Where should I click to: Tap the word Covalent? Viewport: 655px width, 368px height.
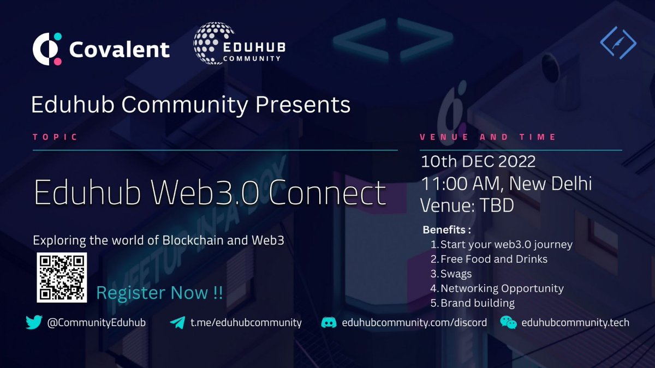coord(120,50)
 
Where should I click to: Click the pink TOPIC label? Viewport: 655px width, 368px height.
coord(55,137)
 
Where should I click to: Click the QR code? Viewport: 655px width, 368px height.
coord(62,277)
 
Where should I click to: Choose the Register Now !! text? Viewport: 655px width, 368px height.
coord(159,293)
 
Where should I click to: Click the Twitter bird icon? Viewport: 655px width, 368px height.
coord(34,323)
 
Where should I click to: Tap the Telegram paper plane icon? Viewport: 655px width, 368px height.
coord(177,323)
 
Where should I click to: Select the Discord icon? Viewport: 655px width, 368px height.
coord(329,323)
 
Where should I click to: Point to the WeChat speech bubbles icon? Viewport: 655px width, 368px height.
coord(508,323)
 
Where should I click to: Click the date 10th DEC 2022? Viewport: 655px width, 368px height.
coord(478,162)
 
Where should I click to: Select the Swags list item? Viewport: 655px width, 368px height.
coord(456,274)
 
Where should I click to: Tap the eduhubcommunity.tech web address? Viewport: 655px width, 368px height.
coord(575,323)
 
